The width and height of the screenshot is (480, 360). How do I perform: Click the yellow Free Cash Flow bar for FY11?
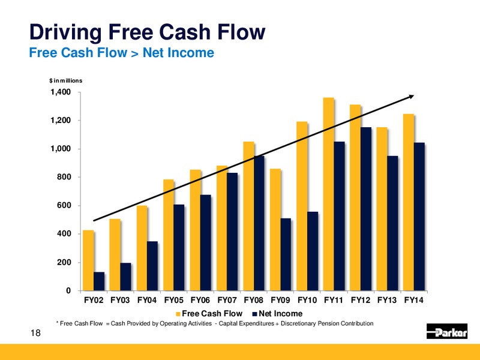[328, 194]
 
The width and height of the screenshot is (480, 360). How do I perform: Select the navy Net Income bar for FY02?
[99, 281]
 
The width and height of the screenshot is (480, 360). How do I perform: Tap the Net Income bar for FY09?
[286, 254]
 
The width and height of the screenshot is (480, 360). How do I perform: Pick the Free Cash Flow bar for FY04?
[142, 248]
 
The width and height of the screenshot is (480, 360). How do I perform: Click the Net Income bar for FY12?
[366, 209]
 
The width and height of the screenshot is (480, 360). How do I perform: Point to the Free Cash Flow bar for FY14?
[409, 202]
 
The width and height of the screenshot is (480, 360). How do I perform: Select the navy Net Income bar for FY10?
[313, 251]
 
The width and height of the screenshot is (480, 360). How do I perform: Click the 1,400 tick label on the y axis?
[61, 92]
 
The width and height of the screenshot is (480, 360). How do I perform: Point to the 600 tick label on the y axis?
[64, 205]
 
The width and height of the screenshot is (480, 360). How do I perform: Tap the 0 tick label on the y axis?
[68, 290]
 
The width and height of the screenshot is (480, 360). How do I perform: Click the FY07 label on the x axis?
[227, 300]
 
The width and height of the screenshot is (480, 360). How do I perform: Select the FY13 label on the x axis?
[387, 300]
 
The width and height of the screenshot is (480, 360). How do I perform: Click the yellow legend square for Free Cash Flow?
[178, 314]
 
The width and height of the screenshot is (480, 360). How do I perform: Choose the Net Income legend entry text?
[280, 313]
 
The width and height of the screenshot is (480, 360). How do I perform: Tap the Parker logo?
[447, 331]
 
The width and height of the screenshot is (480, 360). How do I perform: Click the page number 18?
[35, 333]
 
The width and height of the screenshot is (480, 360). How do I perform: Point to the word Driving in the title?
[65, 32]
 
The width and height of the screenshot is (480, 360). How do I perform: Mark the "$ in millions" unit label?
[66, 80]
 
